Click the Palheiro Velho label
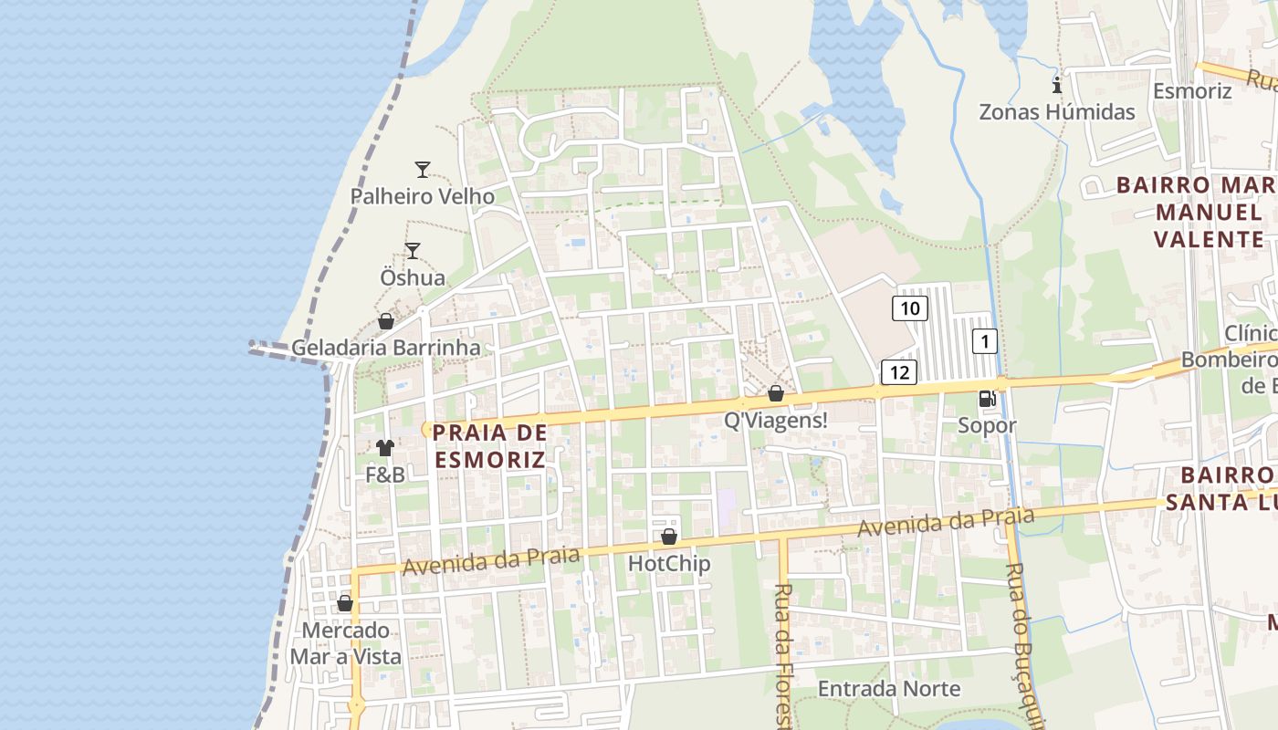click(423, 196)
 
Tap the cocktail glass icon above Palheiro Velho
click(422, 169)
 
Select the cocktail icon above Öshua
click(413, 250)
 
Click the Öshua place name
click(413, 277)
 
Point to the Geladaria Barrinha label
click(385, 348)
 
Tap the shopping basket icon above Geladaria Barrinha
click(386, 321)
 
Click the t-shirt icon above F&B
click(385, 448)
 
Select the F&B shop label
click(385, 474)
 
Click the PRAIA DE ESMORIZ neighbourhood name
click(490, 445)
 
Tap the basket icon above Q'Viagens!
click(776, 393)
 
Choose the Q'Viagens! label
click(776, 421)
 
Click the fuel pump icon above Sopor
click(987, 398)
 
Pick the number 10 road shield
click(910, 308)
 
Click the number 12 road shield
click(899, 371)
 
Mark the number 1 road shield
click(984, 342)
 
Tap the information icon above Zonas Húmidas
click(1057, 86)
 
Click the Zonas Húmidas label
click(1057, 112)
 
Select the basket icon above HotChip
click(669, 537)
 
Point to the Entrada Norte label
click(889, 688)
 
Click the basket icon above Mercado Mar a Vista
click(345, 603)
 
